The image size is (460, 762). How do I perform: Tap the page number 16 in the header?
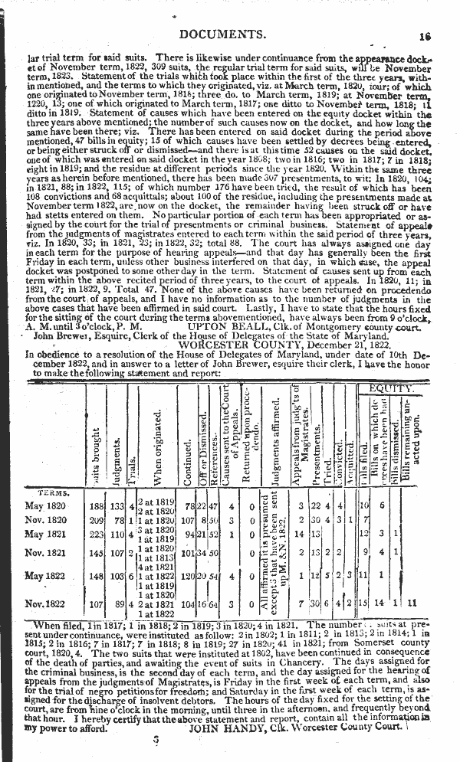[427, 35]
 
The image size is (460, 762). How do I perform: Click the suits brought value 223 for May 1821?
[97, 534]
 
